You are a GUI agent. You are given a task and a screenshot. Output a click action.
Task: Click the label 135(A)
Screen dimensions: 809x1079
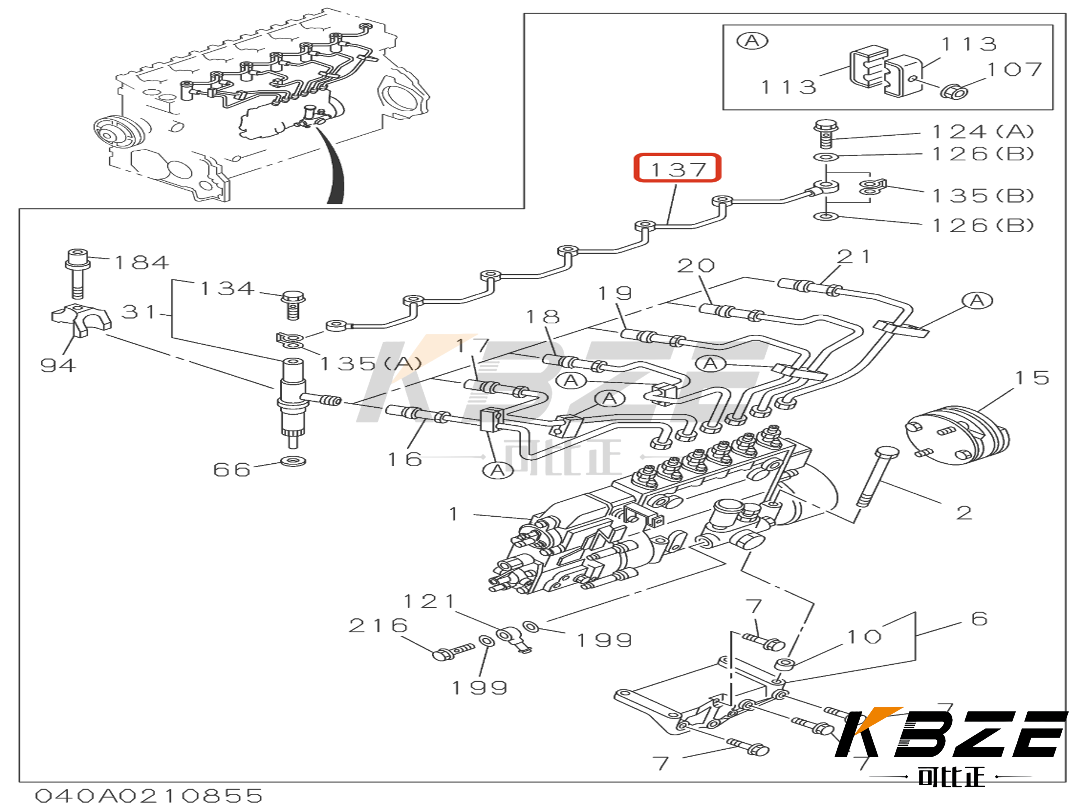[x=371, y=363]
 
